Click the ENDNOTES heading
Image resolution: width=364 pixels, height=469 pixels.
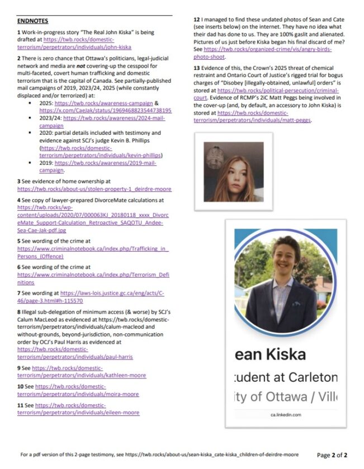tap(32, 21)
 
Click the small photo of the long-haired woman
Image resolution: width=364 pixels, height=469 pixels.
tap(233, 172)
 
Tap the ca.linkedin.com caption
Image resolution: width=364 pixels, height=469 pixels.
tap(286, 415)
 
